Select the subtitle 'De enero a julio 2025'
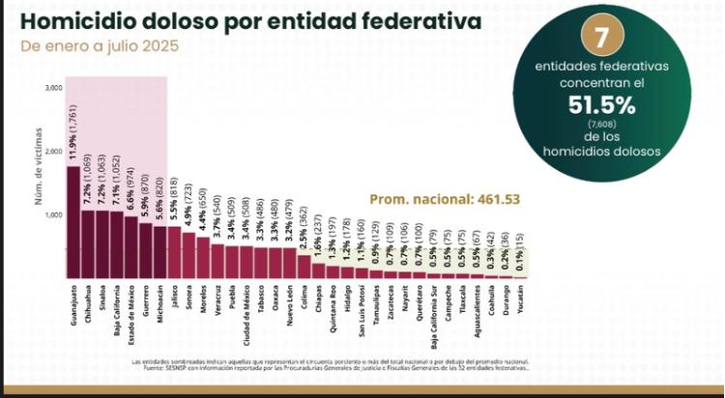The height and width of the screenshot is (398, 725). (x=99, y=45)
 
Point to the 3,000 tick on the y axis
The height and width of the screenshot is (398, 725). (x=53, y=88)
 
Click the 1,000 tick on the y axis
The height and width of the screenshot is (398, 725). (x=53, y=214)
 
